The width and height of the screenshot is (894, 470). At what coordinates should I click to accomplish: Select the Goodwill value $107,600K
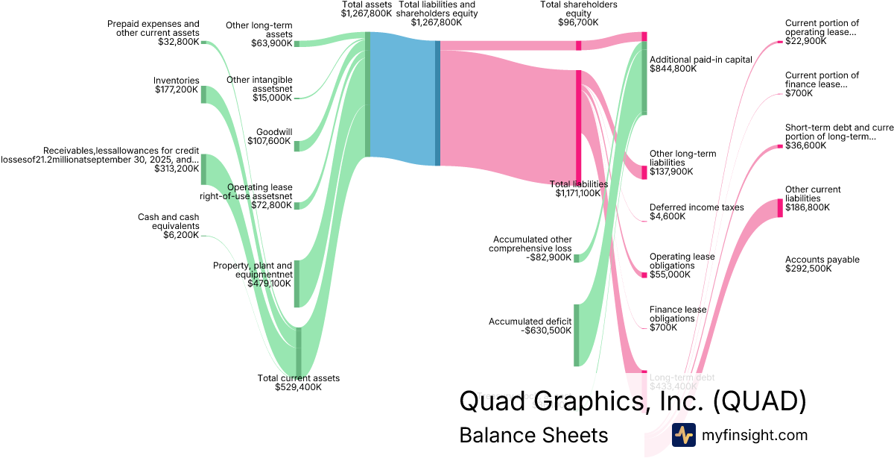click(x=273, y=141)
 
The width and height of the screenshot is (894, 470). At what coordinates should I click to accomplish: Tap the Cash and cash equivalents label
click(x=168, y=222)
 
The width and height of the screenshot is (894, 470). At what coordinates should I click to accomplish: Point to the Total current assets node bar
click(x=299, y=352)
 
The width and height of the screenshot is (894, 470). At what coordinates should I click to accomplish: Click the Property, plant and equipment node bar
click(x=297, y=283)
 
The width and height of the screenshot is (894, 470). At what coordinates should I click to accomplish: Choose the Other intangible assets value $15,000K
click(x=273, y=98)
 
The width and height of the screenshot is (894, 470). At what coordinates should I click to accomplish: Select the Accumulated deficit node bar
click(x=576, y=335)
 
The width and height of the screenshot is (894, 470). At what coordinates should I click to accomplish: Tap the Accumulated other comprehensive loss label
click(x=530, y=244)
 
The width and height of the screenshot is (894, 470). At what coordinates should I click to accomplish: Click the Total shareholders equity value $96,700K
click(x=578, y=23)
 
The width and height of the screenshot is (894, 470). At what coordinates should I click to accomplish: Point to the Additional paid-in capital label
click(x=701, y=60)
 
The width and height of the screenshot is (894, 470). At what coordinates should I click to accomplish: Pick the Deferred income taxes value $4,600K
click(x=668, y=216)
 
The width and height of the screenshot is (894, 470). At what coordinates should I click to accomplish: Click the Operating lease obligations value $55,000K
click(x=670, y=274)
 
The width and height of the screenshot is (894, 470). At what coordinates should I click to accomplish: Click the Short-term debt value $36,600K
click(x=805, y=145)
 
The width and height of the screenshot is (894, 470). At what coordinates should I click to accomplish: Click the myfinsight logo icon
click(x=683, y=435)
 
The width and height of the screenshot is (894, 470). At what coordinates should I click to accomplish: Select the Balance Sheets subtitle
click(x=533, y=435)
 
